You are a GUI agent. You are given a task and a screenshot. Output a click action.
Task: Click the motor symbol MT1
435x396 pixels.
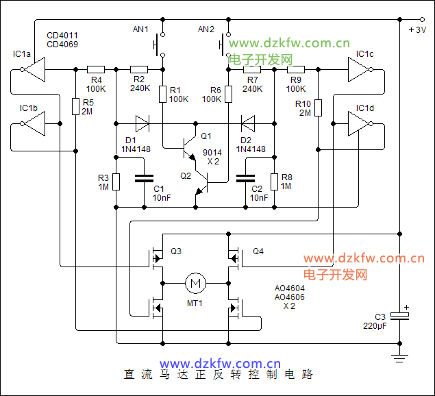(195, 282)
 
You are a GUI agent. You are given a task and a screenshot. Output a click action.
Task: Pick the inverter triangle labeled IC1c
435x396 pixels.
(360, 69)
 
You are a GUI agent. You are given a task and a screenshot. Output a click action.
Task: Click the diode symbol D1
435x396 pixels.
(142, 124)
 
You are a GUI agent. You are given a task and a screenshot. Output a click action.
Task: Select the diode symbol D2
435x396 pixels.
(247, 124)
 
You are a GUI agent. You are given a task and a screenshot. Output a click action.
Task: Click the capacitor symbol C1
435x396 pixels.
(145, 179)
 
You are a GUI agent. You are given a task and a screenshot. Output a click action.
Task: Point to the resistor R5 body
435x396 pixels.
(75, 107)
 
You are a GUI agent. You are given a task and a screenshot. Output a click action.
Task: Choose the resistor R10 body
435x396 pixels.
(319, 108)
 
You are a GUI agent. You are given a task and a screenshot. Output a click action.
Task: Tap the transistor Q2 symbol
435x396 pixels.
(203, 180)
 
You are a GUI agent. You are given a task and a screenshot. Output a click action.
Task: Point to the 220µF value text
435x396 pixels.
(375, 326)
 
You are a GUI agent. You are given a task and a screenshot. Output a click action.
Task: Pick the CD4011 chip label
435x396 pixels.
(62, 35)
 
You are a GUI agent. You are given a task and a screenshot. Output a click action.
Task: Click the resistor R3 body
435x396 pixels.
(116, 182)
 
